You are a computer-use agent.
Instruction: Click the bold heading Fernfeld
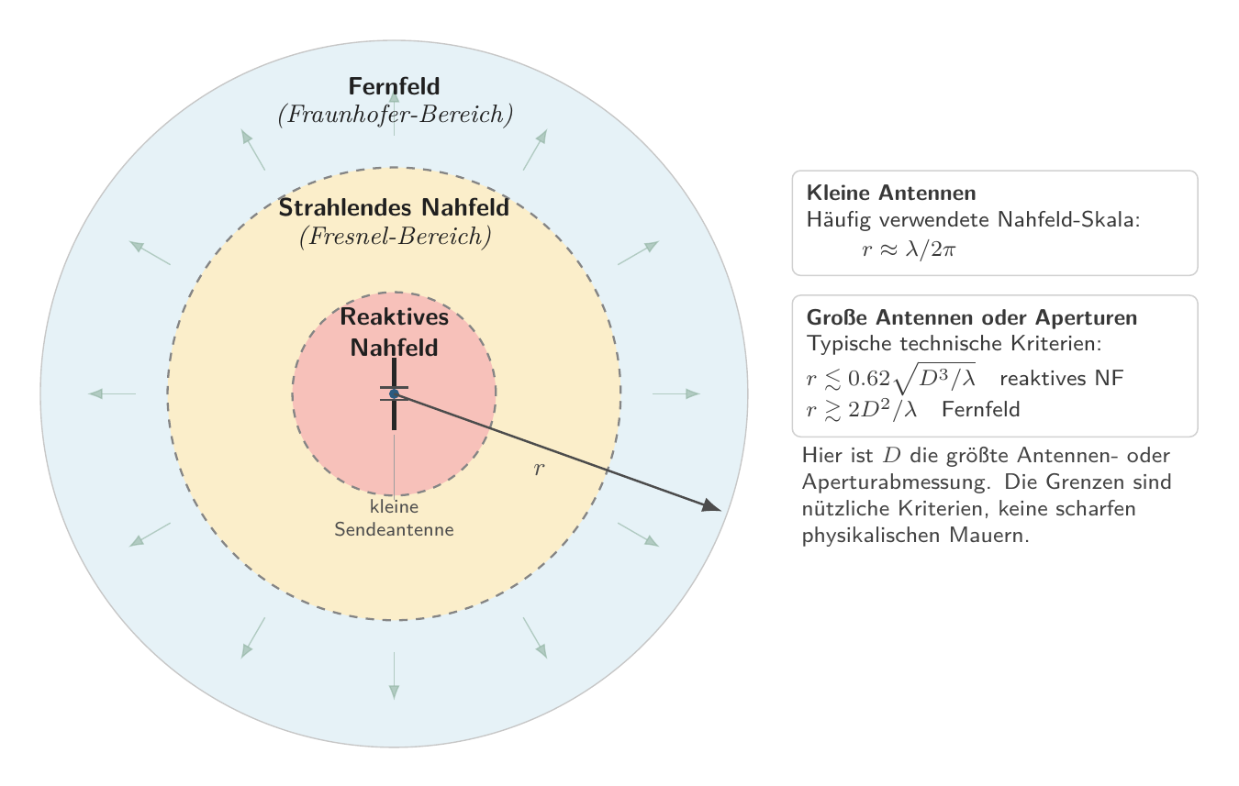(x=394, y=86)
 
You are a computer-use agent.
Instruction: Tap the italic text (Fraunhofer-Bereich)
(x=395, y=115)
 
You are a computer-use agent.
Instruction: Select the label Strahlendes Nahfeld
(x=394, y=207)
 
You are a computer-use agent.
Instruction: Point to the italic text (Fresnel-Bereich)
(x=395, y=237)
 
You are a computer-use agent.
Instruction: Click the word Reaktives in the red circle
(x=394, y=316)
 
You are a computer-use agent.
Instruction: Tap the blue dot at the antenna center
(x=394, y=393)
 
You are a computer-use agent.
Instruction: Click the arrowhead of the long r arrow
(x=712, y=506)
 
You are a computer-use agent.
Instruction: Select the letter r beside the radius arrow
(x=539, y=469)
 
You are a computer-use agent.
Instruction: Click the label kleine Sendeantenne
(x=394, y=518)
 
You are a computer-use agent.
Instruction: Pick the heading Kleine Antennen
(x=891, y=193)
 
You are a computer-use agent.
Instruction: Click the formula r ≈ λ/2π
(x=909, y=249)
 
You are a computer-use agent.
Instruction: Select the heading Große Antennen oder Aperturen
(x=972, y=317)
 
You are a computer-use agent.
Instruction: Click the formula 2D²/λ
(x=882, y=410)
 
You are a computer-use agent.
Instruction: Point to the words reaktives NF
(x=1062, y=378)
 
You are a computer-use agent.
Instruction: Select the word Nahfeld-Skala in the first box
(x=1068, y=219)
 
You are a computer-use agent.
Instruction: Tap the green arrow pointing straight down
(x=394, y=676)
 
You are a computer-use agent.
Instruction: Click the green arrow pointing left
(x=112, y=393)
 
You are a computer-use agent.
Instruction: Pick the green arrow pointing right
(x=676, y=393)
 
